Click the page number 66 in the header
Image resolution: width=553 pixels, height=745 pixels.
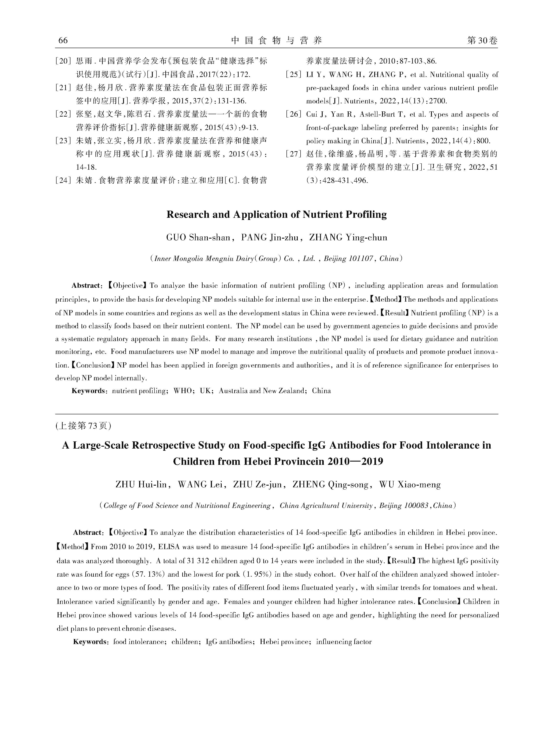click(x=63, y=41)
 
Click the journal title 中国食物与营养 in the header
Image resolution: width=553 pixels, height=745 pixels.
click(x=276, y=41)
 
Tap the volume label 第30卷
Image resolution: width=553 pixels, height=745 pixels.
click(x=482, y=41)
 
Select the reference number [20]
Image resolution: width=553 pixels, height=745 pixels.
click(x=64, y=61)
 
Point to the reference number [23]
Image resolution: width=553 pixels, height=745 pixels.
click(x=64, y=141)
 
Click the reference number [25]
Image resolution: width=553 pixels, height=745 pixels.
click(x=294, y=75)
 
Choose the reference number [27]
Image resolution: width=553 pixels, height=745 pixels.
click(x=294, y=154)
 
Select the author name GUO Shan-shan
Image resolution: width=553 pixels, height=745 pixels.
click(x=198, y=238)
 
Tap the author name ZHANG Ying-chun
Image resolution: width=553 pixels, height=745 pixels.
click(x=348, y=238)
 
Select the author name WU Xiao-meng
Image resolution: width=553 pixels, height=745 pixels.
click(x=410, y=485)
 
